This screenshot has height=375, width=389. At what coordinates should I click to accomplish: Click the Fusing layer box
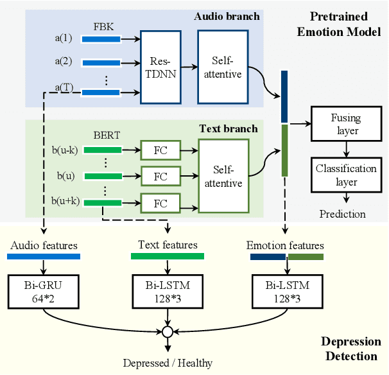[345, 124]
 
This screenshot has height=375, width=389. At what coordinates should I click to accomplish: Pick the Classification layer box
[345, 175]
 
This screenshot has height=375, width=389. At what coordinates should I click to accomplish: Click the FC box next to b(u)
[160, 175]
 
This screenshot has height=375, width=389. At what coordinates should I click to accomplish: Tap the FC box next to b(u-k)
[160, 152]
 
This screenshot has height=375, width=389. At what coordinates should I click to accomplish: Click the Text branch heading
[230, 128]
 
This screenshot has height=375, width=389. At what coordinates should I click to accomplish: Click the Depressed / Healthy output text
[168, 363]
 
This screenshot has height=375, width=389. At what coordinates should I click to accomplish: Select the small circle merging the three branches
[168, 332]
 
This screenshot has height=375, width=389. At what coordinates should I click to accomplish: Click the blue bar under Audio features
[43, 256]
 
